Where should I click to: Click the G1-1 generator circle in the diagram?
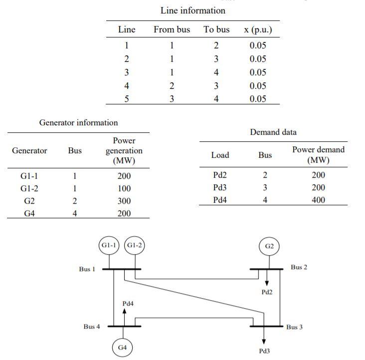coord(109,246)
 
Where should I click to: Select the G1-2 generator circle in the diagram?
coord(134,246)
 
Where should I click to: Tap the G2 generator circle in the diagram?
coord(269,246)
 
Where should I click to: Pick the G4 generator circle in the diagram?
coord(122,348)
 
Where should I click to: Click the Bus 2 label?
coord(299,267)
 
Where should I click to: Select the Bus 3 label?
coord(294,327)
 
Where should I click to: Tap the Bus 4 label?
coord(91,327)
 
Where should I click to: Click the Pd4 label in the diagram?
coord(128,303)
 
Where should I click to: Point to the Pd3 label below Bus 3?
coord(265,351)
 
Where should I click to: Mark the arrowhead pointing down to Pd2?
coord(267,283)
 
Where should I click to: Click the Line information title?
coord(192,10)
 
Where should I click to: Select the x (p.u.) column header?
coord(258,30)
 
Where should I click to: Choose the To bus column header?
coord(216,30)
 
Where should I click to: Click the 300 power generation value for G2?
coord(124,201)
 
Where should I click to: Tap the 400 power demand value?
coord(318,200)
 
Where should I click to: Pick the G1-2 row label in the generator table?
coord(29,189)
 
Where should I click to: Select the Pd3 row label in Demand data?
coord(220,188)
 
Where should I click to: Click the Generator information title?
coord(78,123)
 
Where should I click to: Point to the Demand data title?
coord(273,132)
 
